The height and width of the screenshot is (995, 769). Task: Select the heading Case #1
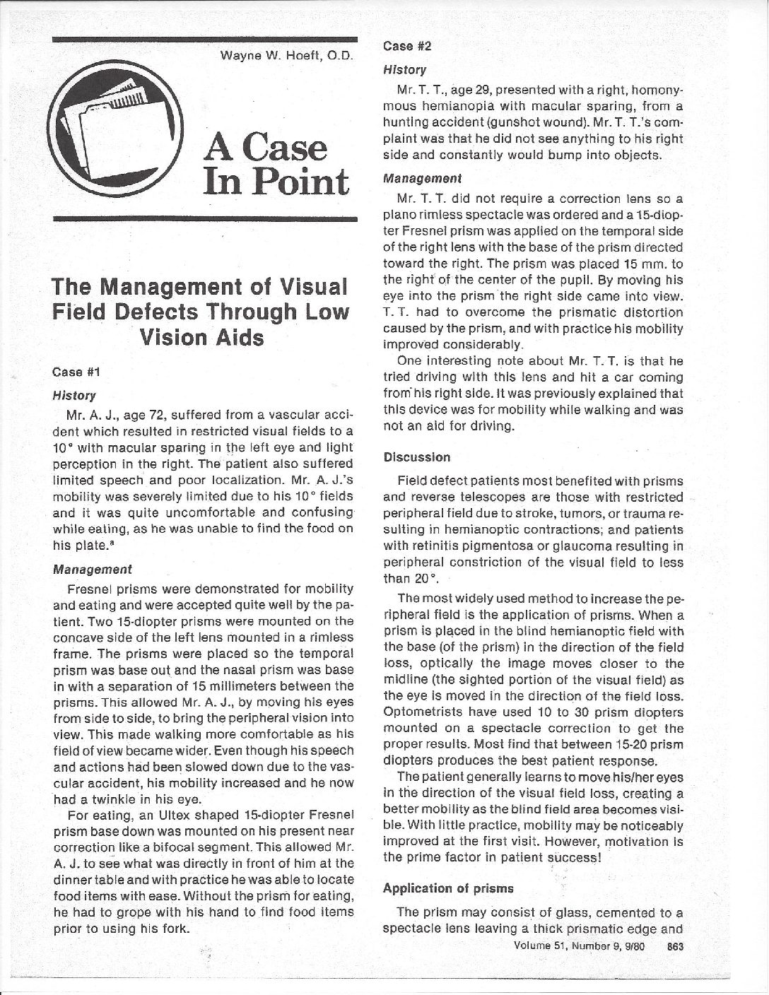tap(74, 371)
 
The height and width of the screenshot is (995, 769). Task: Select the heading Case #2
tap(406, 47)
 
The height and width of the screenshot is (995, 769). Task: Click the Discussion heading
tap(416, 457)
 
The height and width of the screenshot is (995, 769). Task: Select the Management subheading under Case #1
tap(93, 568)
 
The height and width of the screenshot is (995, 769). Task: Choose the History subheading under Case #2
tap(404, 70)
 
